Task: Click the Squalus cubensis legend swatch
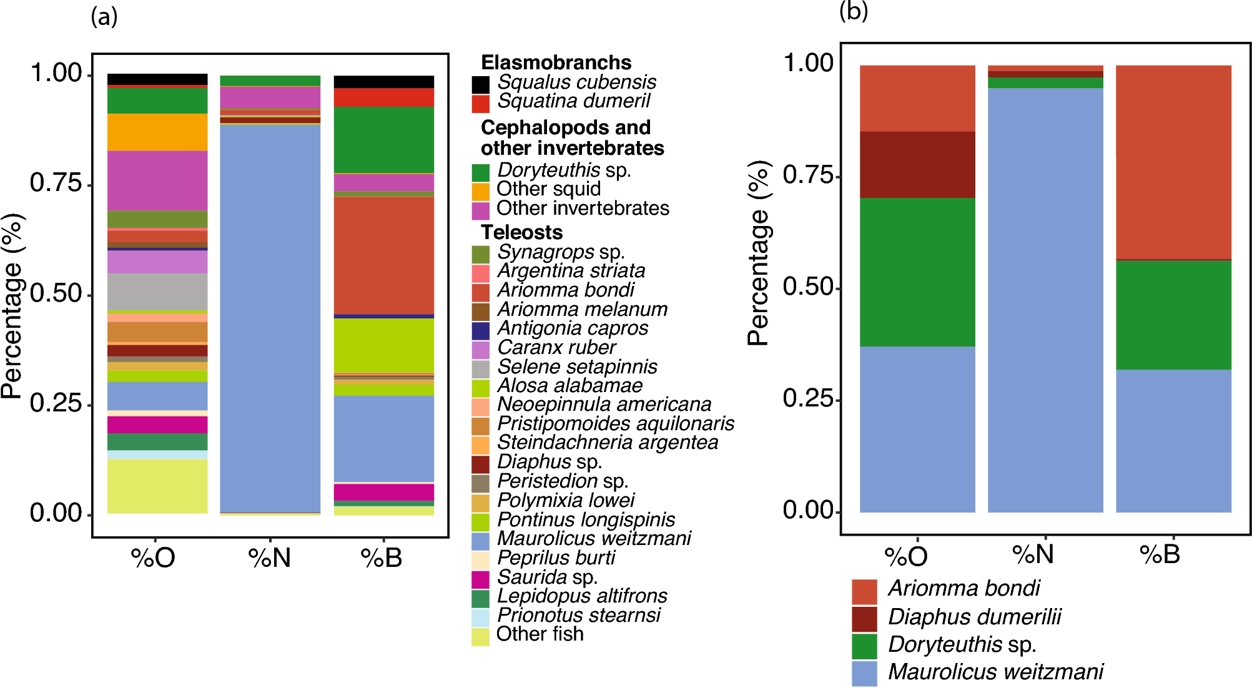(x=480, y=84)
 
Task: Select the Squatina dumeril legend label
(x=573, y=101)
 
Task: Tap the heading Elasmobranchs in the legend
(x=556, y=62)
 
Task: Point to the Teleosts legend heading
(x=521, y=232)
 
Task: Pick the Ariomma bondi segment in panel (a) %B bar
(x=383, y=256)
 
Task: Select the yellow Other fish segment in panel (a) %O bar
(x=157, y=486)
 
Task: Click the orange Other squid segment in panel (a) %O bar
(x=157, y=132)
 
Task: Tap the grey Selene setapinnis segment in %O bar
(x=157, y=292)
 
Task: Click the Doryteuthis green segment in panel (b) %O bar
(x=917, y=272)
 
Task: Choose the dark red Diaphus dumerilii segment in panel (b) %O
(x=917, y=165)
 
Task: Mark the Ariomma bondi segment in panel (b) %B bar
(x=1173, y=162)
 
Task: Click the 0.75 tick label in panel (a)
(x=56, y=183)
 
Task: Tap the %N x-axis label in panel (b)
(x=1032, y=554)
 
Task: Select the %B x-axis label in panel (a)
(x=382, y=558)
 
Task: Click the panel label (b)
(x=853, y=11)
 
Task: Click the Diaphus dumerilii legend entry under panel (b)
(x=974, y=617)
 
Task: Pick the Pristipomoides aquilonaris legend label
(x=615, y=424)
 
